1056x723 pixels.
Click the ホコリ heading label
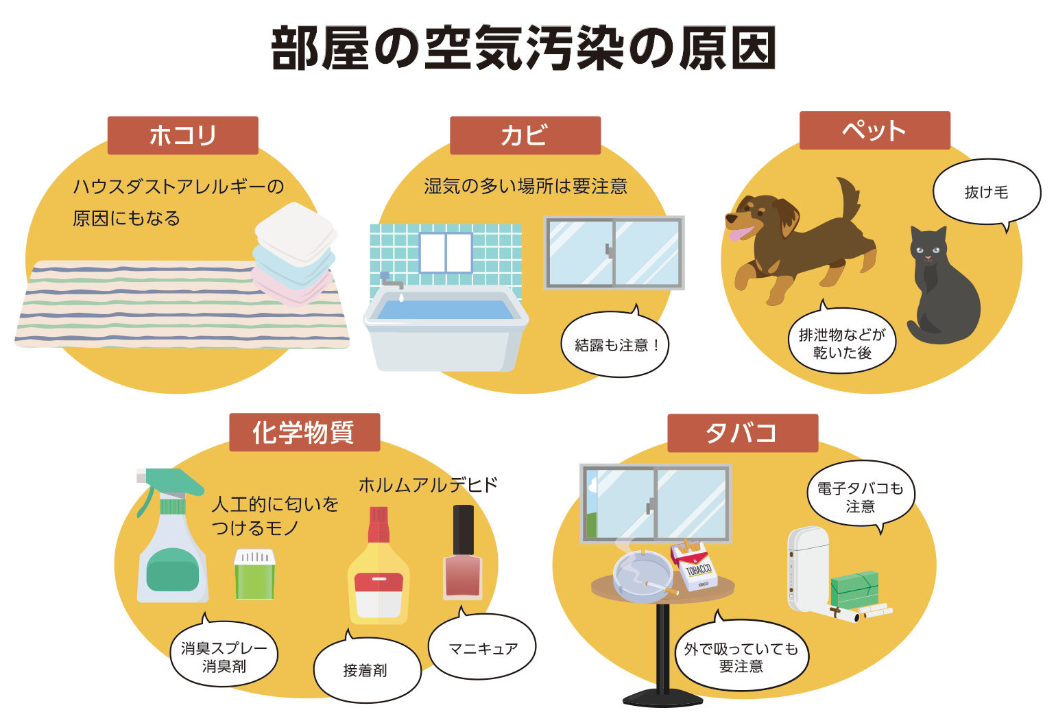pos(182,135)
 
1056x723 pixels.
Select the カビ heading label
pos(525,135)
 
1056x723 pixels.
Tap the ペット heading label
pos(875,130)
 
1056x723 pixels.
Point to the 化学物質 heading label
pos(304,432)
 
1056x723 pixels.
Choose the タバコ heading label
pos(743,433)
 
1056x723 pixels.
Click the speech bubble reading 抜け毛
pos(986,193)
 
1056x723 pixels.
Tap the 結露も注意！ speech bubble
pos(614,345)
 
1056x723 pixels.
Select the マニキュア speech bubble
pos(483,648)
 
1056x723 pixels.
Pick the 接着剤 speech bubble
pos(366,670)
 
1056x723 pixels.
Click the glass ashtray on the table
pos(642,574)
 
